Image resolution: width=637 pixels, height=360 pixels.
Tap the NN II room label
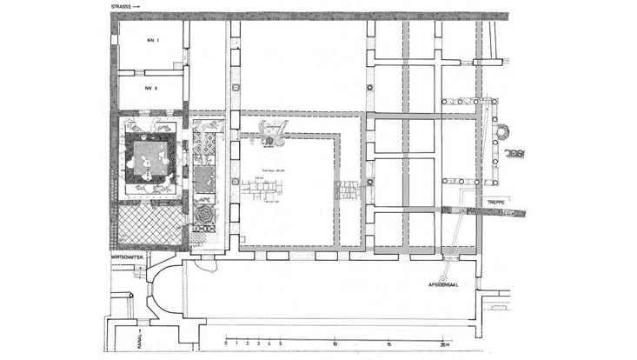point(150,88)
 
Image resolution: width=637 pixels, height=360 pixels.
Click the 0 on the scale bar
point(226,344)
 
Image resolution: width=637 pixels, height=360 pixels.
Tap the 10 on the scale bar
point(335,344)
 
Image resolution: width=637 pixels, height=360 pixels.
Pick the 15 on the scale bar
point(388,344)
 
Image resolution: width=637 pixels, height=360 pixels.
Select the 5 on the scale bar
point(280,344)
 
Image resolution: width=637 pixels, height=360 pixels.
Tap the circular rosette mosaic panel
point(205,213)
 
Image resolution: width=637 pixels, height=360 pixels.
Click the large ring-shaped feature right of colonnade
point(502,133)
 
